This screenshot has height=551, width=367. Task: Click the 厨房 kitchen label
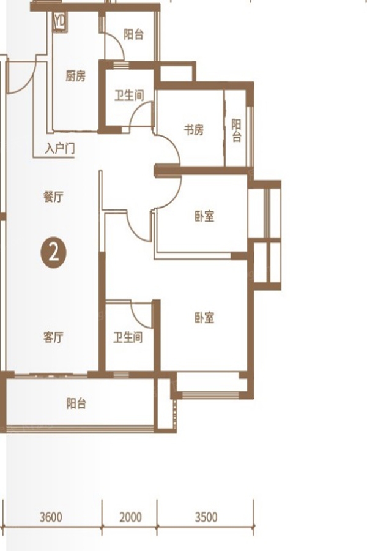click(x=75, y=76)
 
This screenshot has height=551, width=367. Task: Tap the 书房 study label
click(x=194, y=130)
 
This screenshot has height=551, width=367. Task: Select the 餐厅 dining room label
click(x=53, y=197)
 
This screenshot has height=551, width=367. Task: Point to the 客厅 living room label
click(x=53, y=337)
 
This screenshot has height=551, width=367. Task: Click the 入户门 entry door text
click(x=60, y=149)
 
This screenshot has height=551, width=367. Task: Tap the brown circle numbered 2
click(x=54, y=252)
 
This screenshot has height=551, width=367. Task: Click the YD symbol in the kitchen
click(x=60, y=22)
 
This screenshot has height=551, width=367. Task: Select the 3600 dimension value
click(x=51, y=517)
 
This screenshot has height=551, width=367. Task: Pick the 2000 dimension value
click(x=131, y=517)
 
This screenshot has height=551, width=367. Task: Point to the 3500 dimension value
click(x=206, y=517)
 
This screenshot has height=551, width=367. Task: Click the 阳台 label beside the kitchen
click(x=134, y=34)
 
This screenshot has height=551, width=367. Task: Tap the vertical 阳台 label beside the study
click(x=236, y=130)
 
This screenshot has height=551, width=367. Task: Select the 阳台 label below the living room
click(x=76, y=403)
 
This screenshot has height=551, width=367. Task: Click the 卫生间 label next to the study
click(x=129, y=96)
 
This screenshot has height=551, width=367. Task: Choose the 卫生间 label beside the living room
click(x=128, y=337)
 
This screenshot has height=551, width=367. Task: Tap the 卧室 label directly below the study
click(x=204, y=216)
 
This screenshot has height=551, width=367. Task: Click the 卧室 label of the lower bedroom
click(x=204, y=318)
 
